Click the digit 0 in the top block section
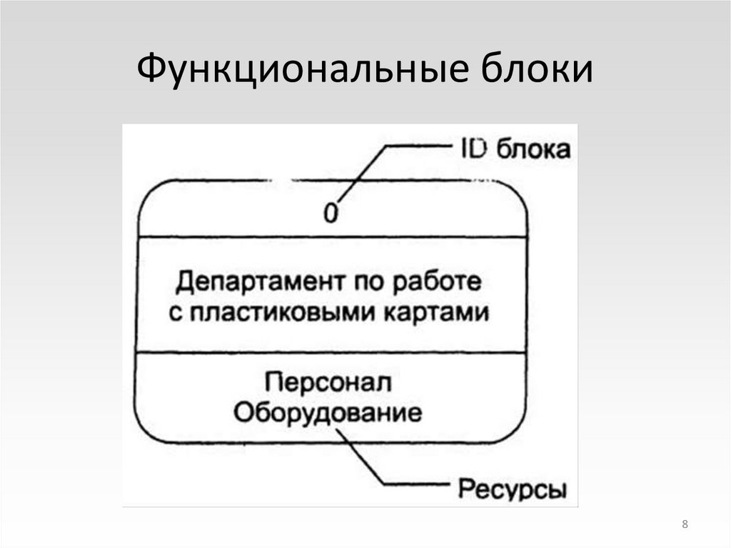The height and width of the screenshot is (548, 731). [331, 213]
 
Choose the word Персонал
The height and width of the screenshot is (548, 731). [329, 382]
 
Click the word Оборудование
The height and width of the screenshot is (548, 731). [328, 412]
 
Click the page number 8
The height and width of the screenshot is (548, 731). [685, 526]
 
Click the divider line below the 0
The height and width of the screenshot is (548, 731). [332, 236]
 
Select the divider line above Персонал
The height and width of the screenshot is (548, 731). [332, 352]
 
